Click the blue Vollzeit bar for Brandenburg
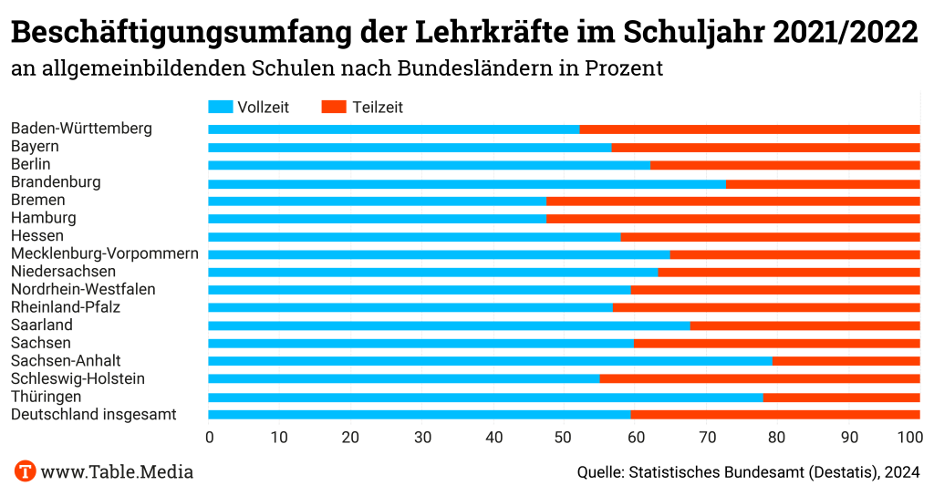point(467,183)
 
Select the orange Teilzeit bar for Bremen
point(733,201)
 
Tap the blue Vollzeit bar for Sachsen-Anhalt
point(491,361)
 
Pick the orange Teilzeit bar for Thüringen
point(841,398)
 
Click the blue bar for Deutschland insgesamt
point(420,415)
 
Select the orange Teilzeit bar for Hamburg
point(733,219)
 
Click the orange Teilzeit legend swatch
point(334,107)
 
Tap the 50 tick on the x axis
point(565,438)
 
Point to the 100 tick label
point(909,438)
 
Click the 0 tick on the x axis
point(210,438)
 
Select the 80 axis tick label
point(778,438)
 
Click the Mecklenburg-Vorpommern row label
point(105,253)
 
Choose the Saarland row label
point(42,325)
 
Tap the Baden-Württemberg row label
point(81,129)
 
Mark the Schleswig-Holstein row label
point(78,378)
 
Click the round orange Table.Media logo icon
point(25,471)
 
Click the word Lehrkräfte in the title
point(493,34)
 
